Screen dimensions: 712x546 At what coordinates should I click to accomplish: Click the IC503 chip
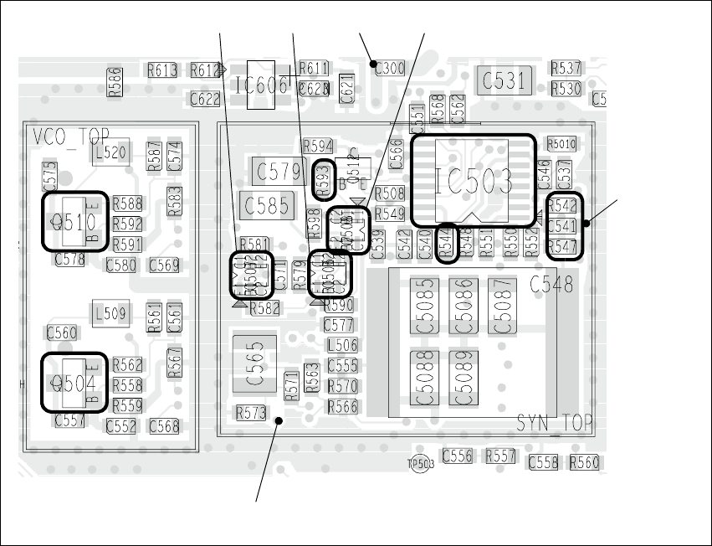pyautogui.click(x=473, y=181)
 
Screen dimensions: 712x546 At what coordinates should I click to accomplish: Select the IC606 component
pyautogui.click(x=262, y=85)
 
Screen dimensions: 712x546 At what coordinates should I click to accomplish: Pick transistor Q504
pyautogui.click(x=74, y=383)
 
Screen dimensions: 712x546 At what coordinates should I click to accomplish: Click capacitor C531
pyautogui.click(x=503, y=81)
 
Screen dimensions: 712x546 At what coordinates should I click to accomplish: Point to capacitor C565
pyautogui.click(x=255, y=363)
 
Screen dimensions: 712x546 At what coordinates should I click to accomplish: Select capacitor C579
pyautogui.click(x=279, y=173)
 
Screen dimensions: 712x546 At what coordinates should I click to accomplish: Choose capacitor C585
pyautogui.click(x=266, y=204)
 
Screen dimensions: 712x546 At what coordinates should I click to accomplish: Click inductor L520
pyautogui.click(x=111, y=152)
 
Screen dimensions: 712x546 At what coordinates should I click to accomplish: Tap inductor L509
pyautogui.click(x=110, y=314)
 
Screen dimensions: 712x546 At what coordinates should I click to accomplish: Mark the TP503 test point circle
pyautogui.click(x=419, y=463)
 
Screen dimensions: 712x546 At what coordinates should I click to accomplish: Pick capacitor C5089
pyautogui.click(x=463, y=379)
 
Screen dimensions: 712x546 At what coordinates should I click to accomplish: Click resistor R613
pyautogui.click(x=162, y=70)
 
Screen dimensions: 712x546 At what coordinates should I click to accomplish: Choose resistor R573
pyautogui.click(x=251, y=412)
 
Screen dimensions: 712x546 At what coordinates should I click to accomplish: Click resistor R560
pyautogui.click(x=584, y=462)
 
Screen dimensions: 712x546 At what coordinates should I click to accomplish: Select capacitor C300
pyautogui.click(x=389, y=68)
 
